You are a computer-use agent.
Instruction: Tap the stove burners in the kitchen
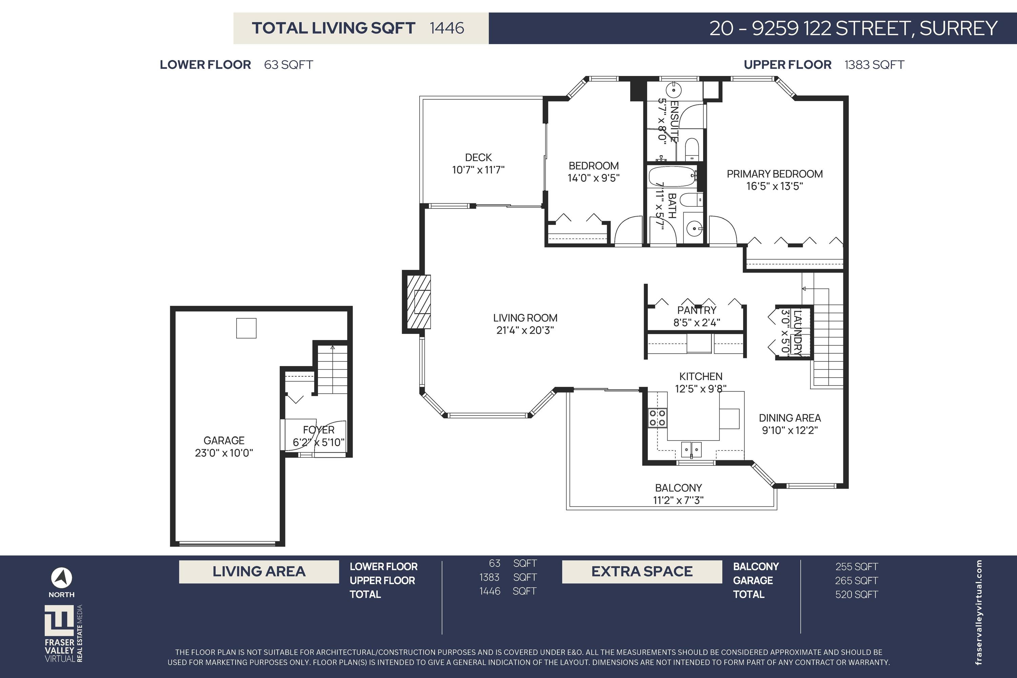[657, 418]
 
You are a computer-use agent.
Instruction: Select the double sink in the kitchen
[692, 450]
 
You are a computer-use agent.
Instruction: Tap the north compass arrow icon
[61, 578]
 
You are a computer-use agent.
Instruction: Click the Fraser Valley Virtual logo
[63, 634]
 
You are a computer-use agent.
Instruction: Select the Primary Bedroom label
[774, 174]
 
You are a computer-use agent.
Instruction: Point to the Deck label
[478, 157]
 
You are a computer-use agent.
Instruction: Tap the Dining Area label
[790, 418]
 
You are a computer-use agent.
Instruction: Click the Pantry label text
[697, 310]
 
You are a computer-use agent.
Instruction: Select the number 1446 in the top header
[447, 28]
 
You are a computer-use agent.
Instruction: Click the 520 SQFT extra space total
[857, 595]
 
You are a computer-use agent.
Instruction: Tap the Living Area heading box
[259, 572]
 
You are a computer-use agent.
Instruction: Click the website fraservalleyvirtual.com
[979, 612]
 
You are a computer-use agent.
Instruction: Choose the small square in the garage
[246, 328]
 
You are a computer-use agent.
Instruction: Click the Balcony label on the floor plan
[678, 488]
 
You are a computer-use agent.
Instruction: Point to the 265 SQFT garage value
[857, 581]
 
